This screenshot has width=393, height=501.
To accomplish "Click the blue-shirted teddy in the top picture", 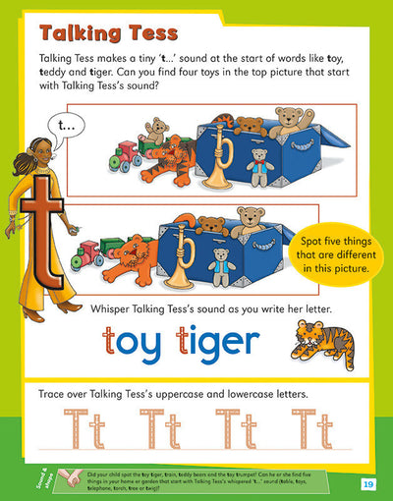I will [259, 164].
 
